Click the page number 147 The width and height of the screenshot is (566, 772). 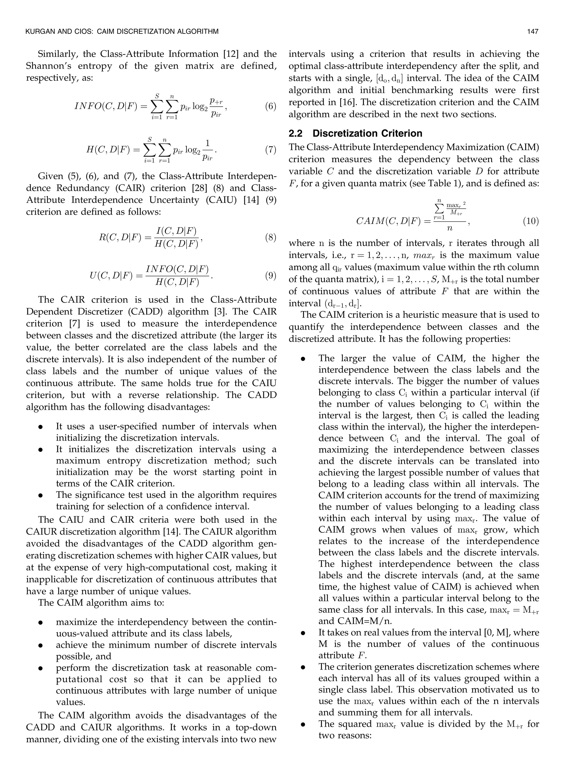(x=533, y=32)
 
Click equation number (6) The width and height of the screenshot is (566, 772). (x=270, y=106)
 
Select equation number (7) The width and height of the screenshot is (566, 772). (x=270, y=150)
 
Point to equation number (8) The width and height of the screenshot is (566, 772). (x=270, y=237)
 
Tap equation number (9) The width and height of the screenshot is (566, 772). (x=270, y=276)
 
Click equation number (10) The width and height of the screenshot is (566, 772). (x=531, y=221)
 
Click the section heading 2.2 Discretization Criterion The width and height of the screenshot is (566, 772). (x=355, y=133)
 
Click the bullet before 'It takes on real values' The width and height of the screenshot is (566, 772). (x=303, y=633)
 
